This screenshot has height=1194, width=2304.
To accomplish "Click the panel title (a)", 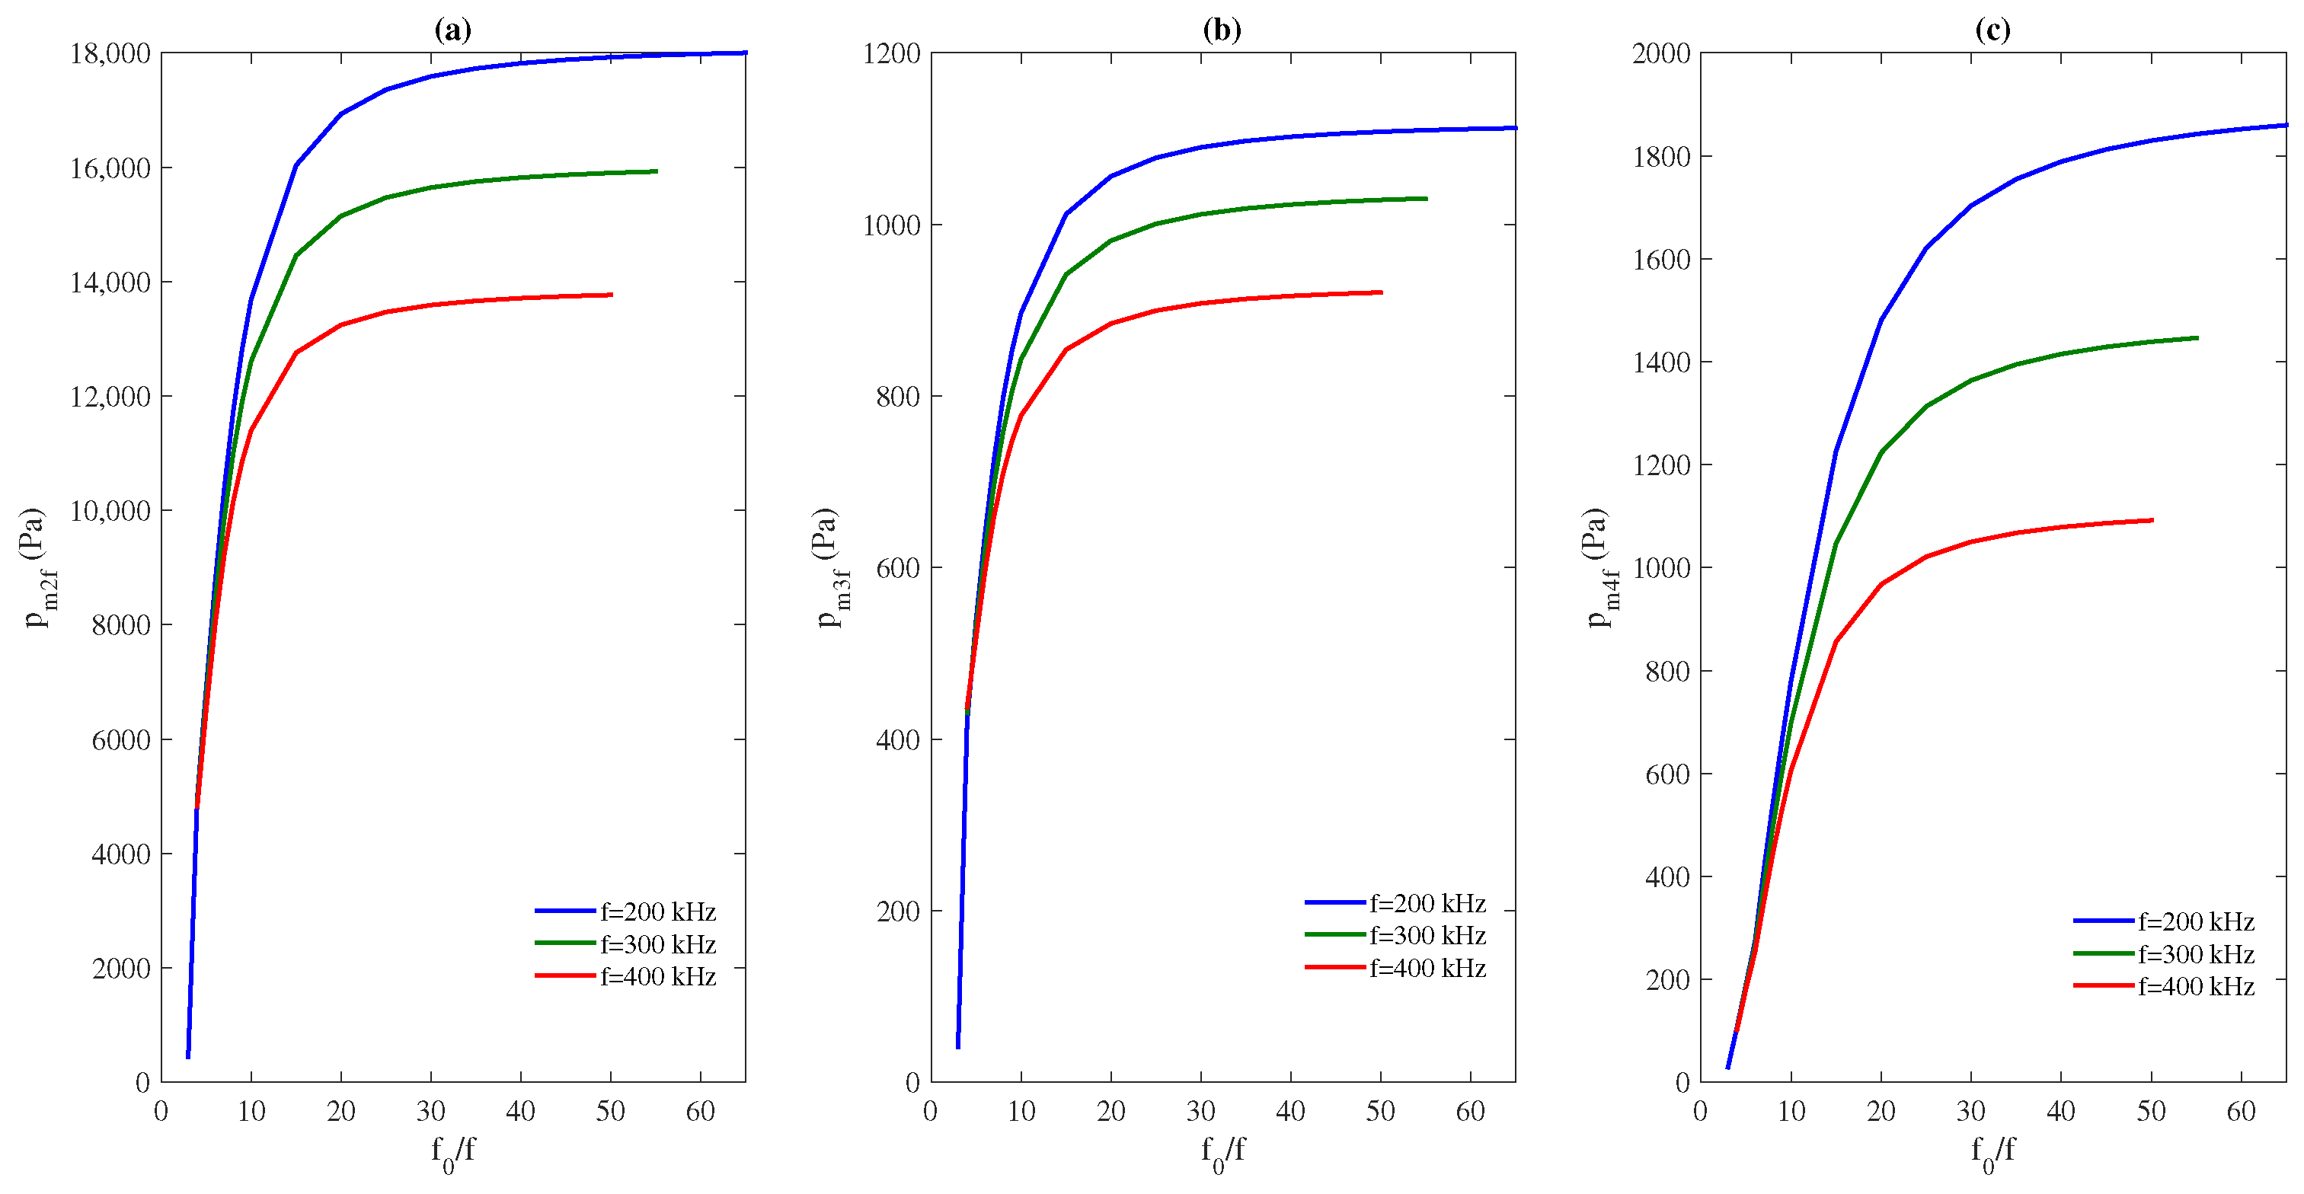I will (452, 30).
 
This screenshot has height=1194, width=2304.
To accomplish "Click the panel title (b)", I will (1222, 30).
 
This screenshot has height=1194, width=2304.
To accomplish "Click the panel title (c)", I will (1992, 30).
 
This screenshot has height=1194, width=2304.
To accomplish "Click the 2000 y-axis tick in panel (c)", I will (1661, 53).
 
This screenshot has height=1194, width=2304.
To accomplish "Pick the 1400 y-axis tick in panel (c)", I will (1661, 362).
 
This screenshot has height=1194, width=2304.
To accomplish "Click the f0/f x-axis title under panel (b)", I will (1222, 1151).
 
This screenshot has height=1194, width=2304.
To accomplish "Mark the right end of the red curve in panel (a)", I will (611, 294).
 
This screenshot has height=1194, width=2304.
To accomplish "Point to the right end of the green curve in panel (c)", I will (2197, 338).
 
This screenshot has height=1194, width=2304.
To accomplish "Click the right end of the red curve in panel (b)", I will (1381, 292).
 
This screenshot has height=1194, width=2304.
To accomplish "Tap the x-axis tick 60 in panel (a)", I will (700, 1112).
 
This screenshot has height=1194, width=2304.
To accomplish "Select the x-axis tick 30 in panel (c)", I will (1971, 1112).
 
